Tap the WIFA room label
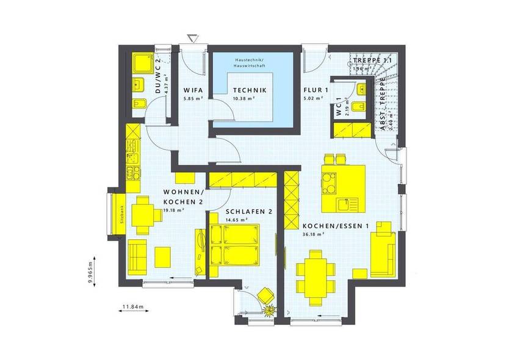coord(193,90)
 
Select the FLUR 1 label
coord(316,90)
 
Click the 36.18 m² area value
coord(312,232)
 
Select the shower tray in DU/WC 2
coord(145,63)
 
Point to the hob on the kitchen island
coord(330,181)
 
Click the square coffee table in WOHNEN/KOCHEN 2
coord(164,256)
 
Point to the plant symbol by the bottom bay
coord(269,312)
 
